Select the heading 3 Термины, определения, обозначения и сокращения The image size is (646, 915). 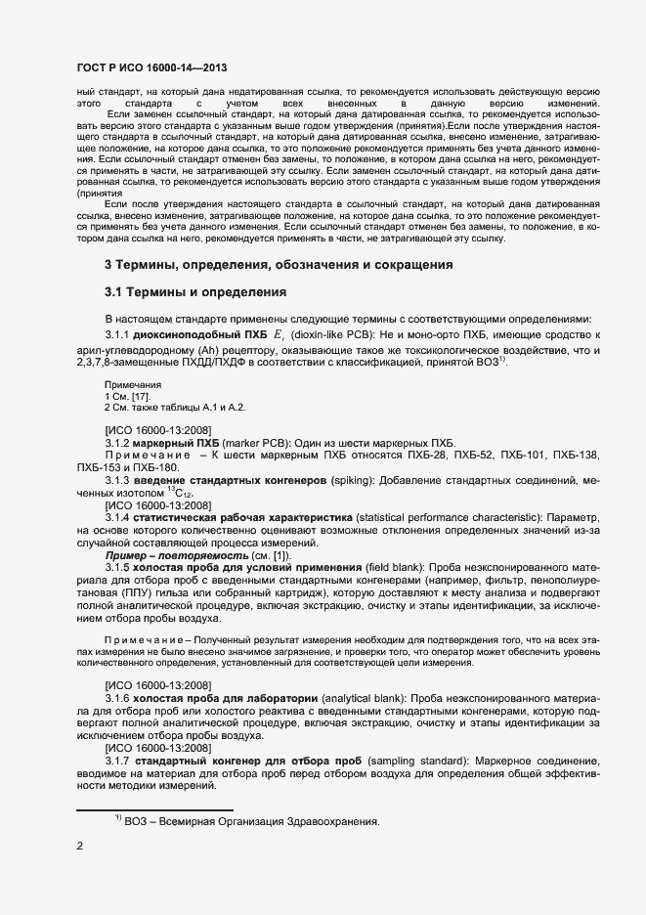point(279,265)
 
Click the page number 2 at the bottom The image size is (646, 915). point(79,848)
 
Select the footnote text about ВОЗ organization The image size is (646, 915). point(249,821)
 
